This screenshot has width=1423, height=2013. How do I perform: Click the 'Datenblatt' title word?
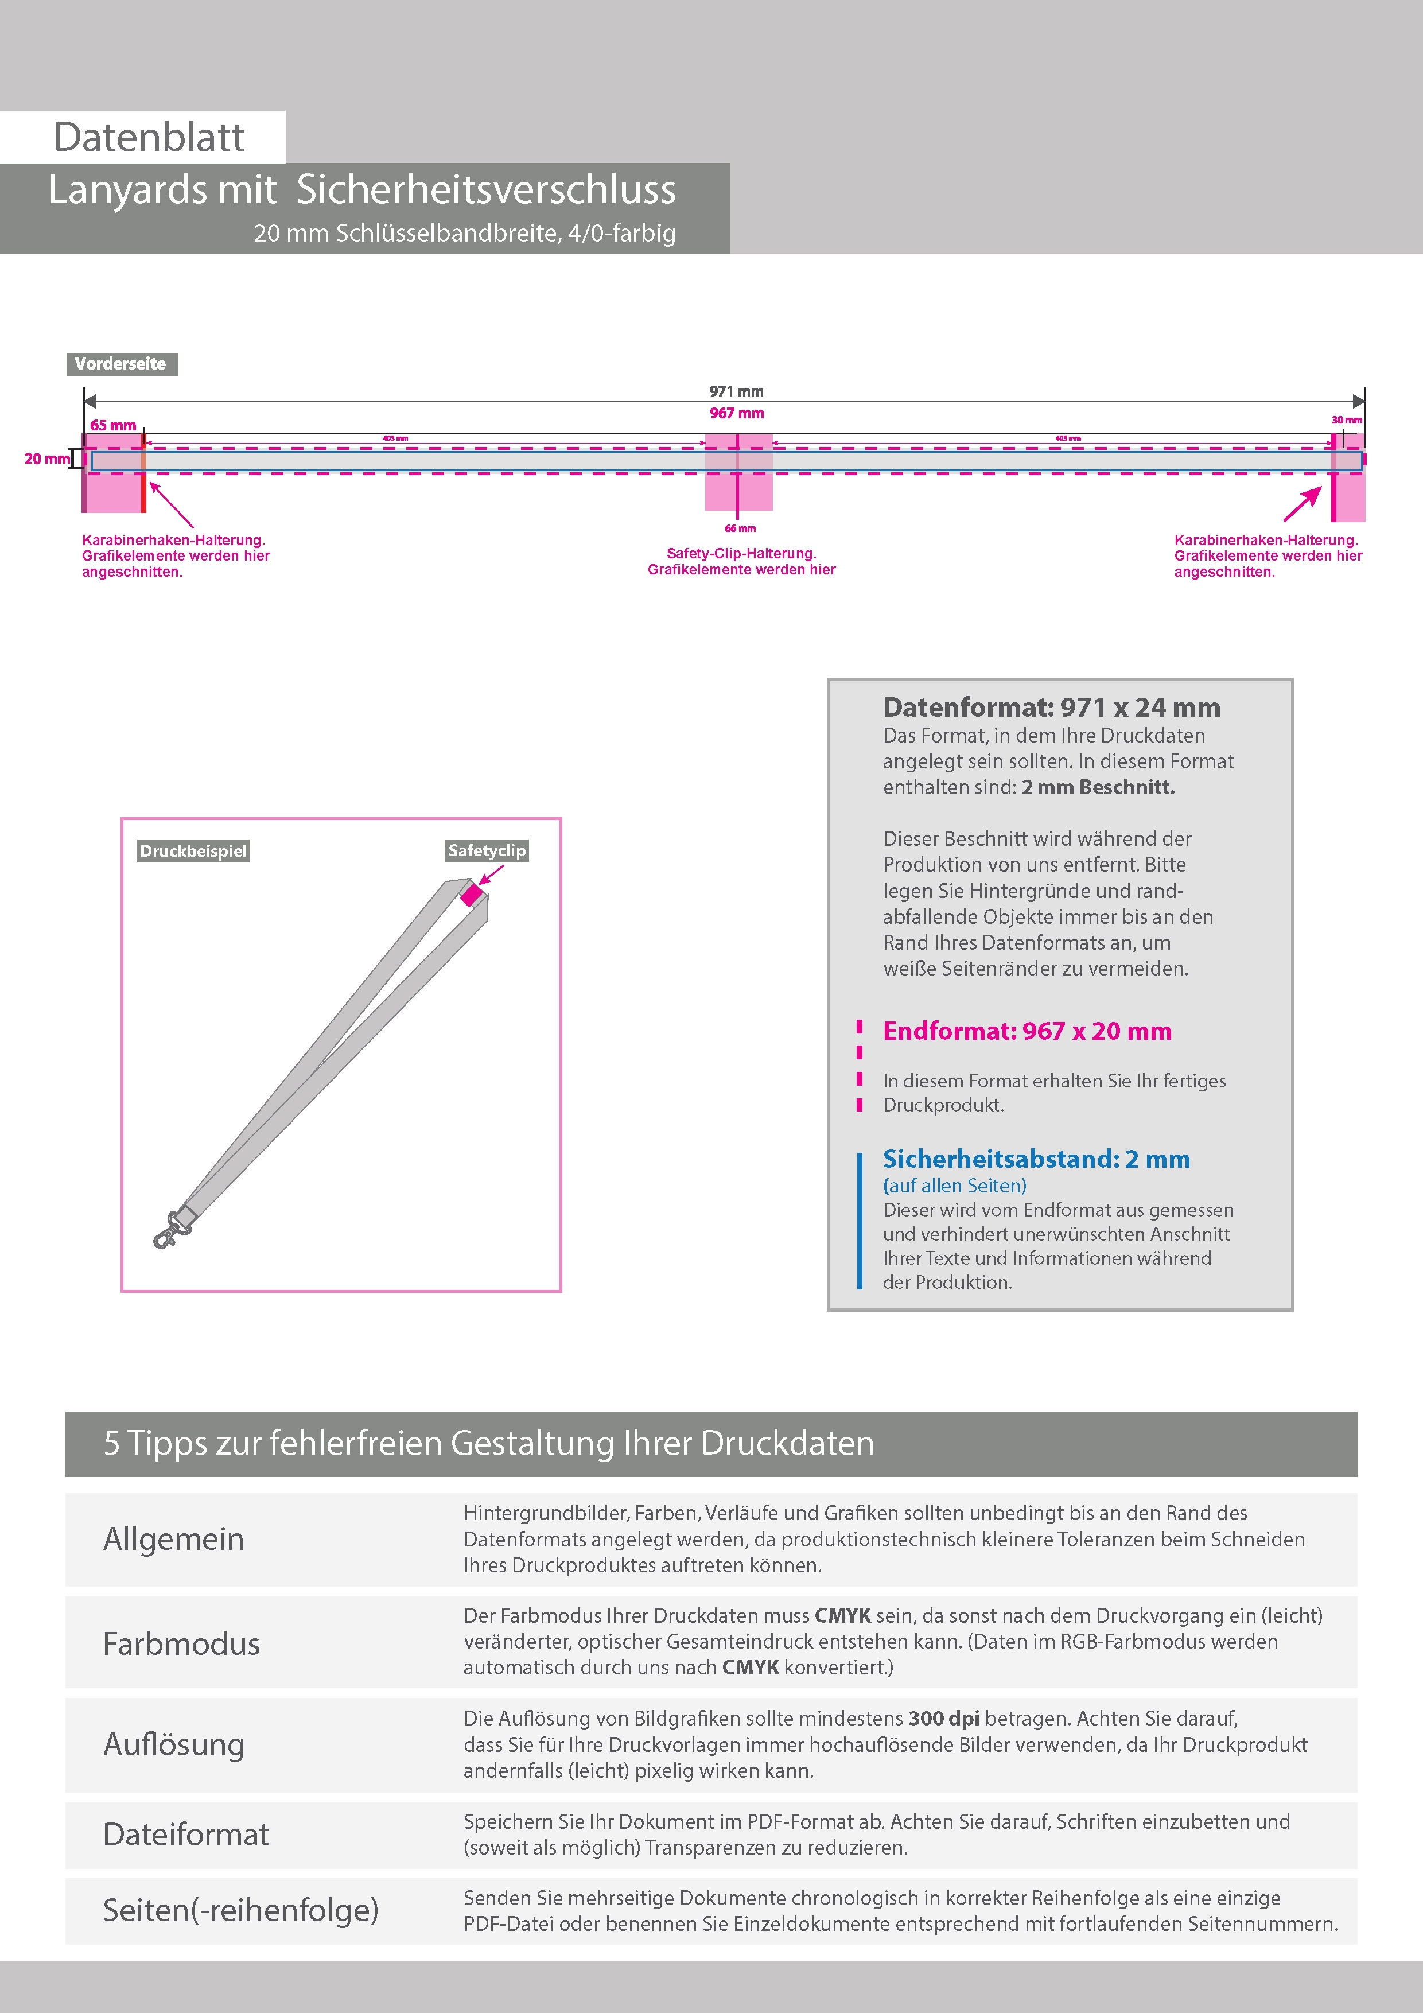coord(149,138)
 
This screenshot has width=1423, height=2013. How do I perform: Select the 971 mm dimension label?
coord(737,391)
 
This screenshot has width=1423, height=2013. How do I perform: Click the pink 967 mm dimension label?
coord(737,413)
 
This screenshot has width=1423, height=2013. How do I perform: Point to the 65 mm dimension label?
coord(113,425)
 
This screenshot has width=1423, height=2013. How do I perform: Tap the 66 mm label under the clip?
coord(740,528)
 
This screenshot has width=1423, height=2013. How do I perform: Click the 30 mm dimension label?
coord(1347,420)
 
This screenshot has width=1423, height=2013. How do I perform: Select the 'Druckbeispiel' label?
coord(193,852)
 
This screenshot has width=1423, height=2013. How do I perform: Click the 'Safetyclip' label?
coord(487,850)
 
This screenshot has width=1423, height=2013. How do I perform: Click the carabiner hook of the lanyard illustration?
coord(166,1233)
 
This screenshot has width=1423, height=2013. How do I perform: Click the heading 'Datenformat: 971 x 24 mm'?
coord(1051,708)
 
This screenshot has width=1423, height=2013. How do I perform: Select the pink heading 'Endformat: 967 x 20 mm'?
coord(1027,1031)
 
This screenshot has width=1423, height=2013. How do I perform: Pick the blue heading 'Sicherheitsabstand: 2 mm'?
coord(1036,1159)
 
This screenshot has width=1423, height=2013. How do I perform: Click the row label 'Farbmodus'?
coord(181,1644)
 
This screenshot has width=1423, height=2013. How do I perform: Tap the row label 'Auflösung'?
coord(174,1744)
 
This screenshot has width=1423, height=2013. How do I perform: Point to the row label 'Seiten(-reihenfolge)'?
coord(240,1910)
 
